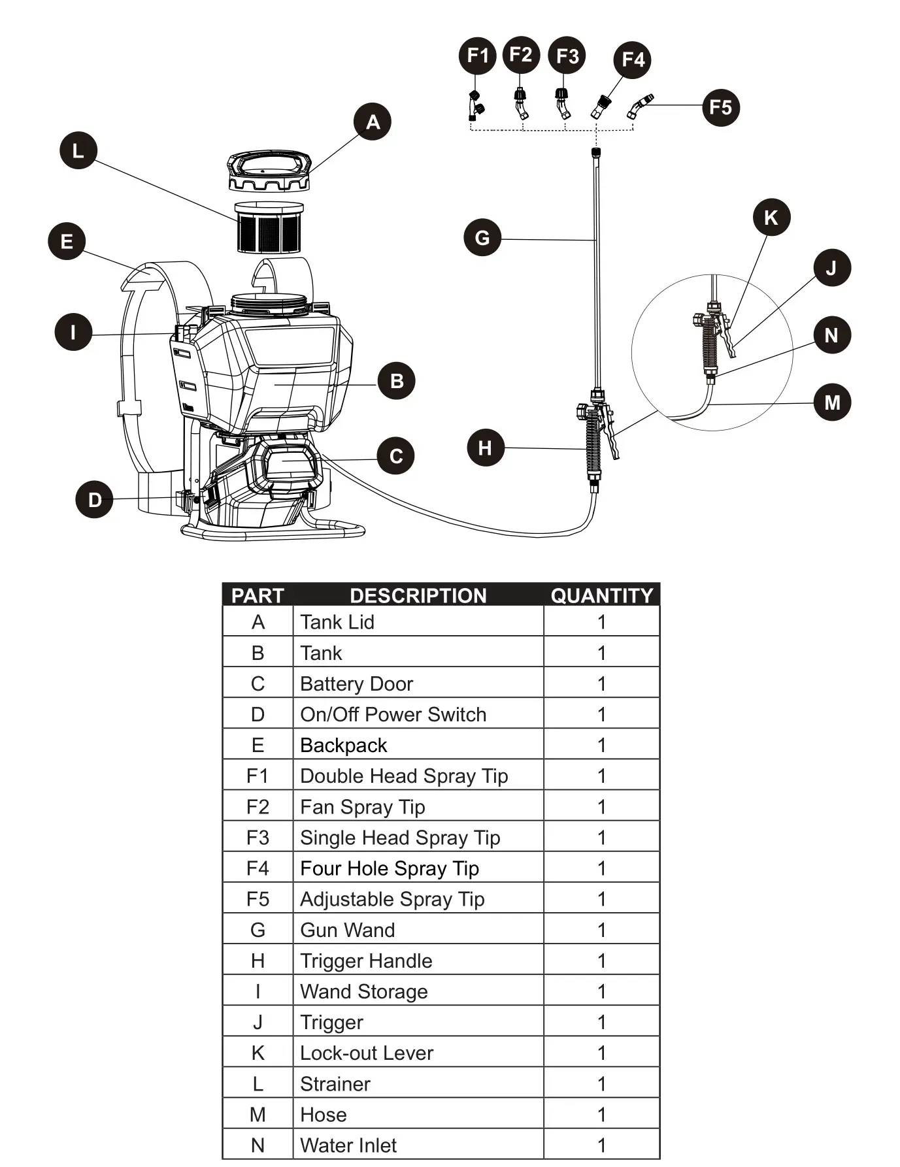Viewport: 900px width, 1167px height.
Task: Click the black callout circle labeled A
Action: [373, 122]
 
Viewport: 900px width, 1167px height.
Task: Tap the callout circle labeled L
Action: [78, 150]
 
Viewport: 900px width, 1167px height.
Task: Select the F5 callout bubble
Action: [720, 107]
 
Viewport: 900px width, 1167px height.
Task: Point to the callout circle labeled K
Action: [771, 217]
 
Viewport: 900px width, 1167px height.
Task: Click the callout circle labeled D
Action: [95, 500]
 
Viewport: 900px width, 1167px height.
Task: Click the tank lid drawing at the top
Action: [269, 171]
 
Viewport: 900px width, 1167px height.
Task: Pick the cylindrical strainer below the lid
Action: [269, 227]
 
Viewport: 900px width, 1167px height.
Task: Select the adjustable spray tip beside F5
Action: [640, 106]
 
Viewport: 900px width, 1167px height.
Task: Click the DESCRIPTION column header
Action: [418, 595]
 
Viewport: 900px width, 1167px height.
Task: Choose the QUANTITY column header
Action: [601, 595]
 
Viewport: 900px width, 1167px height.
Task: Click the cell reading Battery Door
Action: [357, 683]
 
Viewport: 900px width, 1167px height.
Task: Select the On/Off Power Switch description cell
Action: [393, 714]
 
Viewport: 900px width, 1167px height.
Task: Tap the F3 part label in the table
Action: [258, 837]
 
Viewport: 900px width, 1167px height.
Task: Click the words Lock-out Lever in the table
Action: [367, 1053]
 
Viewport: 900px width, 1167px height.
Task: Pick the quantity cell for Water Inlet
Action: [601, 1145]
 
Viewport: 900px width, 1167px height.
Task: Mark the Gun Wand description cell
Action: [348, 930]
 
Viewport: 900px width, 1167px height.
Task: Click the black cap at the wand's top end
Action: [595, 153]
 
